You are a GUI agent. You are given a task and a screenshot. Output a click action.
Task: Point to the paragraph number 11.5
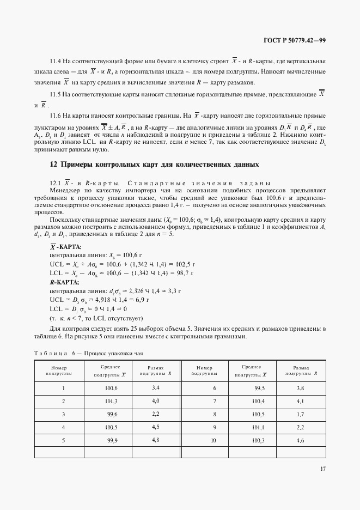click(55, 94)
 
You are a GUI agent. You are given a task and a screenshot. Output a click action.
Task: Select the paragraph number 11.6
click(55, 116)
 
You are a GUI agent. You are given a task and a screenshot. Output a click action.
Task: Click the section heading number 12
click(53, 164)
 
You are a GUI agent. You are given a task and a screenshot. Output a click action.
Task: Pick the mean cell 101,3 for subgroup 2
click(111, 402)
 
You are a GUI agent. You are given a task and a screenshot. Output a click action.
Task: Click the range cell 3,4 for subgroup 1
click(155, 387)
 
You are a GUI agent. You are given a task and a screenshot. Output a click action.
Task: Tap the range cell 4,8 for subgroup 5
click(155, 440)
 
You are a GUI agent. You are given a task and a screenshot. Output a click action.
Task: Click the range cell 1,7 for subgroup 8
click(299, 414)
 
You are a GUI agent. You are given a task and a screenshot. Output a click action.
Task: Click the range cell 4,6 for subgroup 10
click(299, 440)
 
